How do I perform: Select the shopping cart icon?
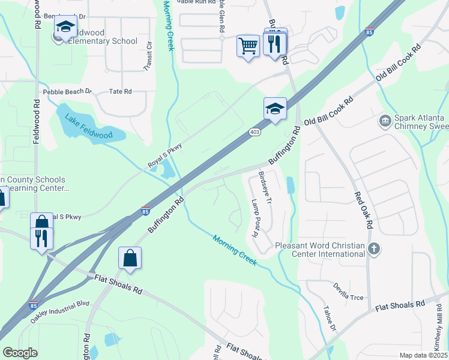(248, 46)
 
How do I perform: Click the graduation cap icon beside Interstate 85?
(275, 109)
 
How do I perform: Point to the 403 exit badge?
(254, 132)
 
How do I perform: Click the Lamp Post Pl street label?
(254, 218)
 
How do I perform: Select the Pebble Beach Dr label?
(67, 92)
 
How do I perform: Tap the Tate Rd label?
(120, 92)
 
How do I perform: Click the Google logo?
(20, 353)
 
